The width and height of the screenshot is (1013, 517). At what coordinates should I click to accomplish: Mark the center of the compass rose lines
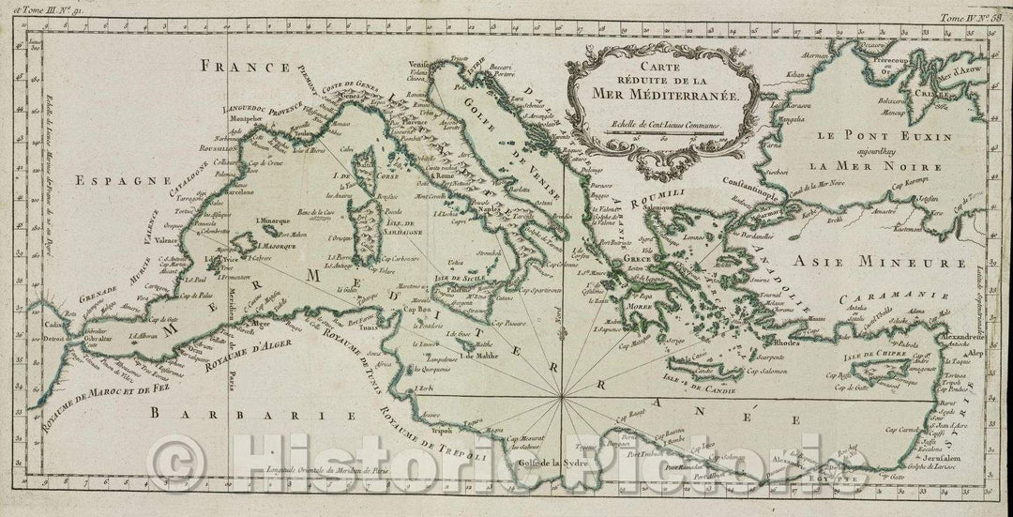point(561,402)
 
